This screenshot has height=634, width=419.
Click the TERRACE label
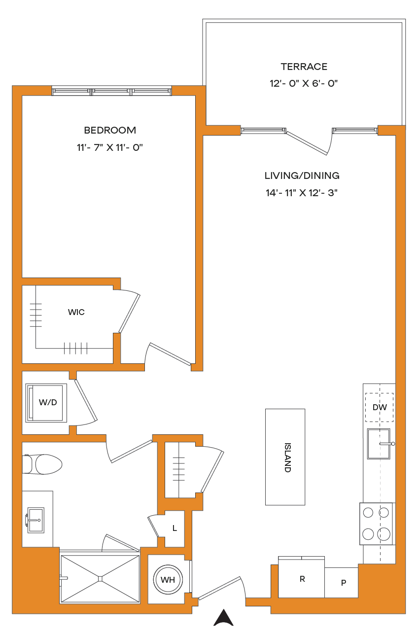pos(304,67)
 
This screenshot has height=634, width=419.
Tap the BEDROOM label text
pos(110,130)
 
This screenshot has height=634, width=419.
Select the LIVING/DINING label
pos(302,176)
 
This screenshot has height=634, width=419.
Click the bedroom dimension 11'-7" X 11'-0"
pos(110,147)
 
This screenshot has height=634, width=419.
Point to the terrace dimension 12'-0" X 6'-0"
pos(304,83)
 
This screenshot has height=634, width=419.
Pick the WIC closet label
pos(76,312)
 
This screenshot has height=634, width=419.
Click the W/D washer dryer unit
pos(46,403)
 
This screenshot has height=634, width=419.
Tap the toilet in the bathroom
pos(42,464)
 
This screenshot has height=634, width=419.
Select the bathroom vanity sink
pos(35,520)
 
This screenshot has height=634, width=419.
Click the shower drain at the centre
pos(100,579)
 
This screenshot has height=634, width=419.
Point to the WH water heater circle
pos(168,580)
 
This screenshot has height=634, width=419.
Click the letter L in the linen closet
pos(175,528)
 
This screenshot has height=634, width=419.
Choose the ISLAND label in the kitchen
pos(287,458)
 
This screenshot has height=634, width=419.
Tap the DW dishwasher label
pos(380,407)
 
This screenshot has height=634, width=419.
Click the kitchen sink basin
pos(379,444)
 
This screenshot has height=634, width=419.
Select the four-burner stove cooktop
pos(376,524)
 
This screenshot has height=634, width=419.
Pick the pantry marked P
pos(342,582)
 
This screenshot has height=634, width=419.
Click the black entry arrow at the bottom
pos(223,617)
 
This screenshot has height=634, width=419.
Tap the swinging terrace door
pos(307,143)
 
